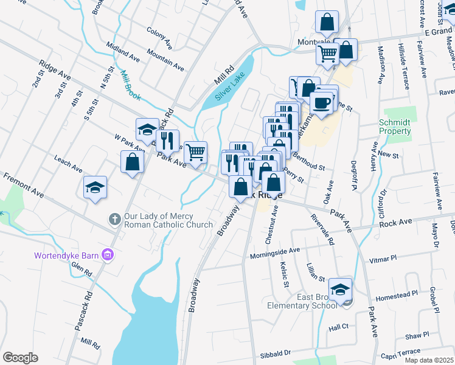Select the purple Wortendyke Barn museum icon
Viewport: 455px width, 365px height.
coord(108,254)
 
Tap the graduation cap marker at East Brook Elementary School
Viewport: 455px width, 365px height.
coord(341,289)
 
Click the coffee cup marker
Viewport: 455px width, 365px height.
coord(322,102)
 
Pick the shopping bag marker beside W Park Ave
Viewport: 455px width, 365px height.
coord(133,162)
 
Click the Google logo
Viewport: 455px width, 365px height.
coord(20,358)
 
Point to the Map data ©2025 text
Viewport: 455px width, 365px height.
coord(428,360)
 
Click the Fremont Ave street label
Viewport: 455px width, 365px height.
coord(23,185)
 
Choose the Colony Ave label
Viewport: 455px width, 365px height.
coord(159,37)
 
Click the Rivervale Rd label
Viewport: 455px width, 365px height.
coord(322,229)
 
